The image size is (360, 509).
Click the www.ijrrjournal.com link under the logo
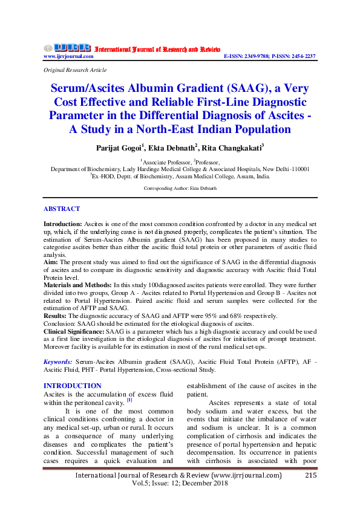point(68,56)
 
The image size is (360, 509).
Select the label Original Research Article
point(75,70)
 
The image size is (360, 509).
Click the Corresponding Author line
point(180,189)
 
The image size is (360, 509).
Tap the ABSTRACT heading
point(61,209)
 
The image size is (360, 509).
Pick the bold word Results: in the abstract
point(56,316)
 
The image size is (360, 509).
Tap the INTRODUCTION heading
point(73,386)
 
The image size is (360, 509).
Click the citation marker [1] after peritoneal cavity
point(129,400)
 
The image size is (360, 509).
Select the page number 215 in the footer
point(310,475)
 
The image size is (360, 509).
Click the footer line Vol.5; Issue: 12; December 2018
point(180,484)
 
